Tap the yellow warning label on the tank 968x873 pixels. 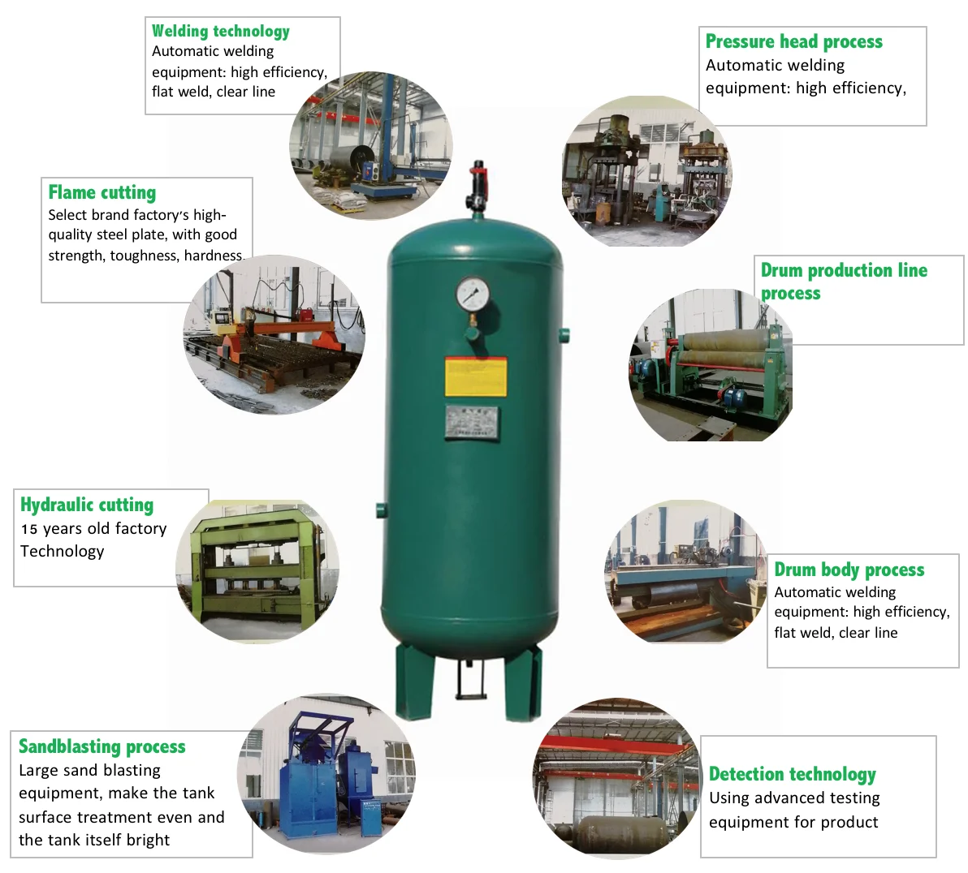[476, 376]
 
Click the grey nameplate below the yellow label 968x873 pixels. [472, 423]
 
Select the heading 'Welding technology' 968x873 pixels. [221, 32]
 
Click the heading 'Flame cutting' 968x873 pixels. [102, 193]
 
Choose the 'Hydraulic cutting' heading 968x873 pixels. [87, 505]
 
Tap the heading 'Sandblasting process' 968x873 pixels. [102, 746]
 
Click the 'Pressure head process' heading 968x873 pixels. [793, 41]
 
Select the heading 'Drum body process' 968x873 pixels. [849, 570]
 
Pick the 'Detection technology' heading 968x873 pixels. [792, 774]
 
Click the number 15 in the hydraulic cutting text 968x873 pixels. [29, 529]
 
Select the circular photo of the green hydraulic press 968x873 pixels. [258, 572]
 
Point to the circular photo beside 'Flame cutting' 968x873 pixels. [274, 335]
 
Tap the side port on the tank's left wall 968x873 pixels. [381, 510]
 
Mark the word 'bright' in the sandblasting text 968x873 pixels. [148, 841]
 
